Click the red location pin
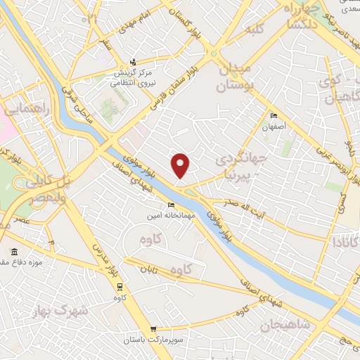(x=181, y=165)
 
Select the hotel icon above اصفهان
(x=274, y=116)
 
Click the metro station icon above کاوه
(x=120, y=286)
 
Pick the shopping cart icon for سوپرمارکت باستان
(x=154, y=330)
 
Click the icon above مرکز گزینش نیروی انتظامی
(x=139, y=62)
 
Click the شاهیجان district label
(x=285, y=325)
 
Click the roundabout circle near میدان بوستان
(x=213, y=53)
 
